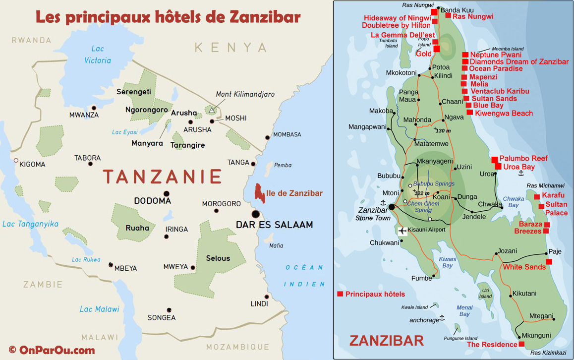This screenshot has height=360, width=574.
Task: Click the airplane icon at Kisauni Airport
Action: click(402, 231)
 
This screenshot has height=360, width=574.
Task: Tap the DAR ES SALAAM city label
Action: click(274, 225)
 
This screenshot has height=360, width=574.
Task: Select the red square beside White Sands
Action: click(549, 262)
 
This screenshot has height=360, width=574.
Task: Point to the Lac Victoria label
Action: click(98, 55)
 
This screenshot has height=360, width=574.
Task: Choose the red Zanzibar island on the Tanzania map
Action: click(259, 193)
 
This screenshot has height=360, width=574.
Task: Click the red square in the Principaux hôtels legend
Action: click(340, 294)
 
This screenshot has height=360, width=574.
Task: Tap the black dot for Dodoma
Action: click(166, 193)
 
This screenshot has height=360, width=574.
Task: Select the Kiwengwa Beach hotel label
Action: click(504, 113)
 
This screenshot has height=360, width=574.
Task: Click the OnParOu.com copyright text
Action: click(52, 350)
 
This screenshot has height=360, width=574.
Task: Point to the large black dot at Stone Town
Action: click(392, 207)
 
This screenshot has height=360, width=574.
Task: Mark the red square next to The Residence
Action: click(521, 344)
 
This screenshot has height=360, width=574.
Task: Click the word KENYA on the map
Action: click(230, 48)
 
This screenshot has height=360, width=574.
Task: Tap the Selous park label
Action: click(218, 258)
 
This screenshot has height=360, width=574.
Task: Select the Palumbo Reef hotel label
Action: click(523, 158)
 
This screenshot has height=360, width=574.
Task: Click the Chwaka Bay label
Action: click(514, 202)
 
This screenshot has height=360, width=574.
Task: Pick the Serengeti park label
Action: click(134, 92)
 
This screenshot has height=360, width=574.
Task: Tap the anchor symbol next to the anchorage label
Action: click(442, 317)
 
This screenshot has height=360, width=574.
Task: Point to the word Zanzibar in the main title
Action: click(265, 17)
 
